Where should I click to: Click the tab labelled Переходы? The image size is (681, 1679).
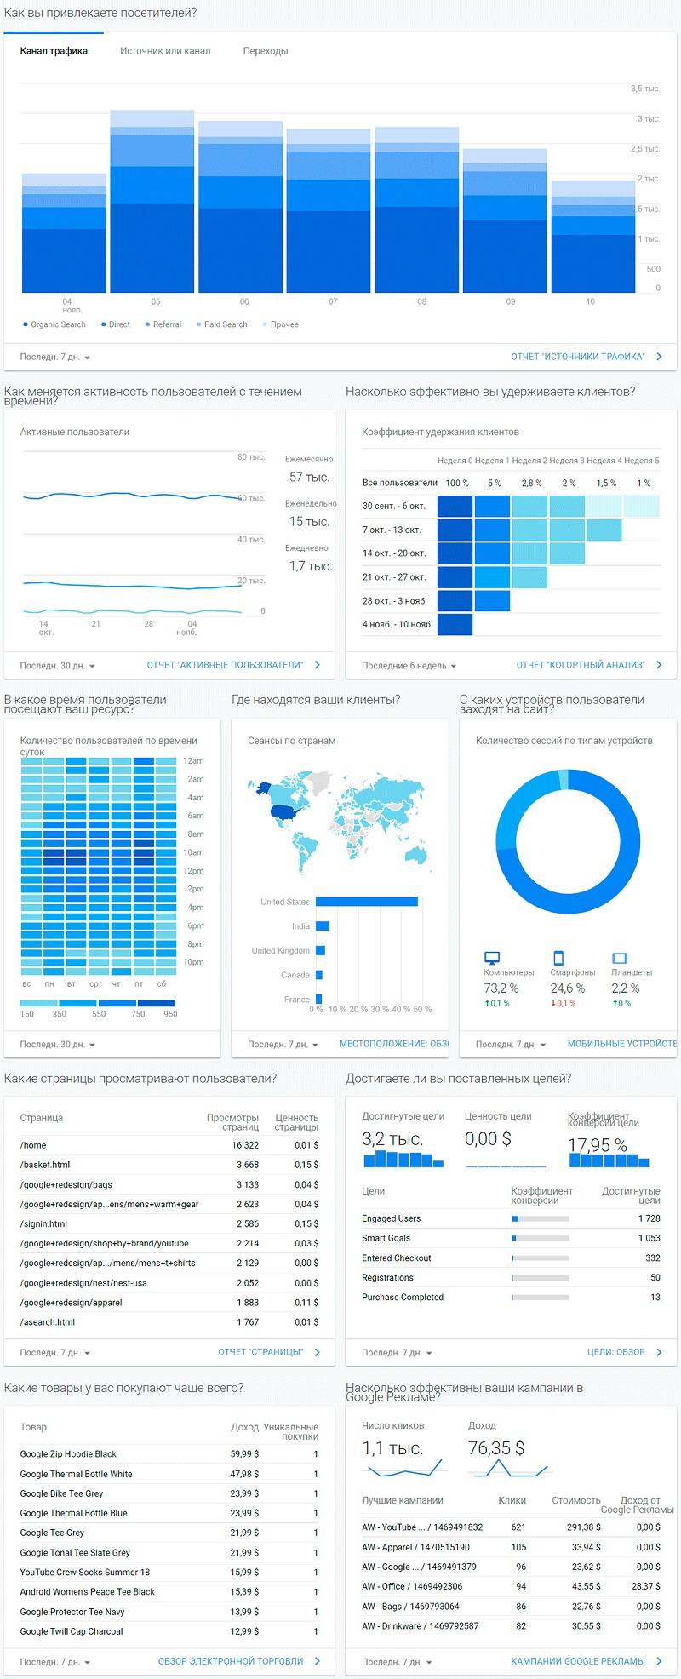(x=265, y=51)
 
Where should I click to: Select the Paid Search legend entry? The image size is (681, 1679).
(x=225, y=324)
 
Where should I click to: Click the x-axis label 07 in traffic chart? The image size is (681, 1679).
(x=333, y=301)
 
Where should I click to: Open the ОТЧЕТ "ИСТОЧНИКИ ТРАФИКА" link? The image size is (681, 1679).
(x=578, y=357)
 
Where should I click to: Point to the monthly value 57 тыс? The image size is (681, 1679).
(x=308, y=478)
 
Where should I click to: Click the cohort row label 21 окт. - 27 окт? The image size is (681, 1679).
(x=393, y=577)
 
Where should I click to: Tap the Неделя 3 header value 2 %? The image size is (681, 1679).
(x=569, y=483)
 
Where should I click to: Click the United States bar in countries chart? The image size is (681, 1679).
(x=366, y=902)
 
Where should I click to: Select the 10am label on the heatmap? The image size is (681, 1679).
(x=194, y=852)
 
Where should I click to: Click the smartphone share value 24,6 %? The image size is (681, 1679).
(x=567, y=988)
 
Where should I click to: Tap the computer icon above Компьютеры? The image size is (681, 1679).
(x=492, y=958)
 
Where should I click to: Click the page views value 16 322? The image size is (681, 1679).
(x=245, y=1145)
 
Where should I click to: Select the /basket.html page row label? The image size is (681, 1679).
(x=45, y=1165)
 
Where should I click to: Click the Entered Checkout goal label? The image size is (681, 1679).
(x=396, y=1258)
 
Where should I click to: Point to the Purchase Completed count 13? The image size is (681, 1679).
(x=655, y=1297)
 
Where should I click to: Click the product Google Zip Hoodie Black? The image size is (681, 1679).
(x=68, y=1454)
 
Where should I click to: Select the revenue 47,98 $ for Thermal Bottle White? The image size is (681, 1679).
(x=244, y=1474)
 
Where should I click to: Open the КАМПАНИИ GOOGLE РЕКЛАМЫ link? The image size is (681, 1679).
(x=578, y=1661)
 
